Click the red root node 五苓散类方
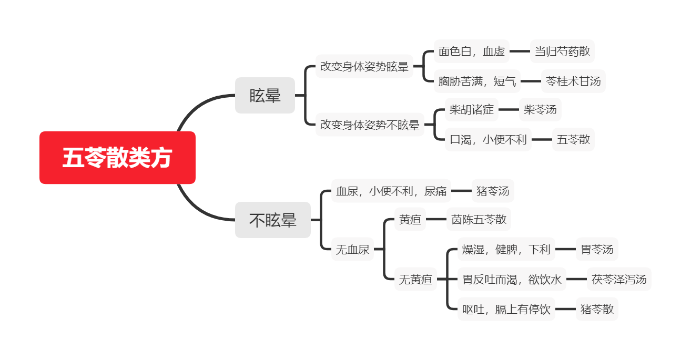click(117, 158)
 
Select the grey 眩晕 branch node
click(265, 95)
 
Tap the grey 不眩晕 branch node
click(273, 220)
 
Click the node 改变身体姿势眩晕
click(364, 66)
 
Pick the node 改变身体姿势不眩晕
click(370, 125)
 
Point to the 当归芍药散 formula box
click(562, 51)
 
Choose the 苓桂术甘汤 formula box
click(573, 81)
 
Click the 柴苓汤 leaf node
click(540, 109)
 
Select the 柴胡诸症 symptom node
click(471, 109)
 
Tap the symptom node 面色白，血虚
click(471, 51)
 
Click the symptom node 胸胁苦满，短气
click(477, 81)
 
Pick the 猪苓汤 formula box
click(493, 191)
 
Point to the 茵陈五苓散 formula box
click(479, 219)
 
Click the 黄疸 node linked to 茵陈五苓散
click(410, 219)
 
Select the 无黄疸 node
click(415, 279)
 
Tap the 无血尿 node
click(352, 249)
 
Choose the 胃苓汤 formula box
click(597, 249)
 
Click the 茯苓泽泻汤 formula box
click(619, 279)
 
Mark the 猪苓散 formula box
click(597, 309)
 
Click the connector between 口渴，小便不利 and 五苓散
click(542, 139)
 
